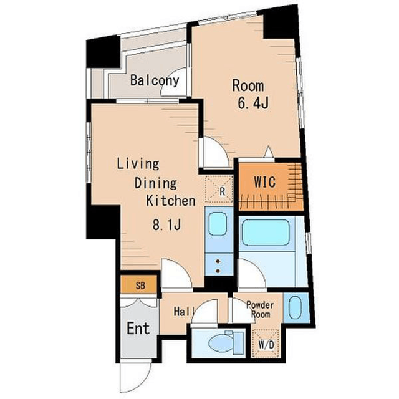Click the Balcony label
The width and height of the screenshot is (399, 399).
155,80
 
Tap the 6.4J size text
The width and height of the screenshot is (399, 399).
253,103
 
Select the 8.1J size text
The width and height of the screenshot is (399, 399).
166,224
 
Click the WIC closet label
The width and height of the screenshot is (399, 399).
264,181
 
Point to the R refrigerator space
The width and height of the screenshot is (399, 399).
219,189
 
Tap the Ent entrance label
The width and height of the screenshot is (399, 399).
138,329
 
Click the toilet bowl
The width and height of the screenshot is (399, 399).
220,343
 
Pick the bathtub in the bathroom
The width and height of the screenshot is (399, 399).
266,233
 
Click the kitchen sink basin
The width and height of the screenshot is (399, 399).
218,224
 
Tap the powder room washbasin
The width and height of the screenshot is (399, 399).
295,307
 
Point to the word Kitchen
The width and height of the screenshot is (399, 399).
170,201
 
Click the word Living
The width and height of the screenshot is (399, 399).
138,164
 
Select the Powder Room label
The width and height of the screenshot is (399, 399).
260,310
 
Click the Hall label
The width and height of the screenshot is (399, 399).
185,312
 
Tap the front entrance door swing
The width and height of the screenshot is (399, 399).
135,377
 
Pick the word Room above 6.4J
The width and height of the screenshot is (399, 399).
248,86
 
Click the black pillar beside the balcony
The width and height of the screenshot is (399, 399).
103,52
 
